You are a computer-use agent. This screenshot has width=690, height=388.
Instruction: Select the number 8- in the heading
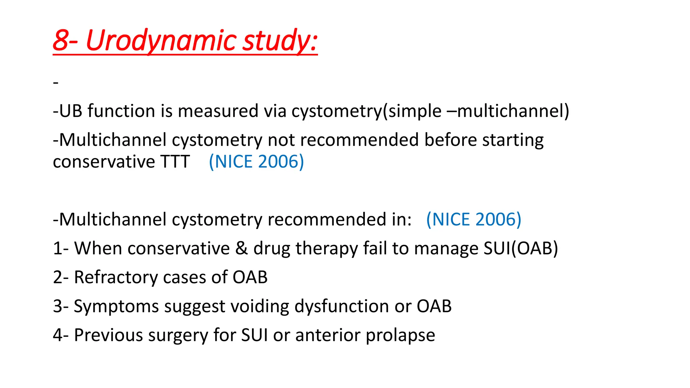coord(65,40)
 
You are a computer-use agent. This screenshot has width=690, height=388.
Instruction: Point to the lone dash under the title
coord(56,83)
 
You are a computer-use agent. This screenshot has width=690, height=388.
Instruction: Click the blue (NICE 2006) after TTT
coord(256,162)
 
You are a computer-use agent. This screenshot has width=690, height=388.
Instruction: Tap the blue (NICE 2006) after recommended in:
coord(474,220)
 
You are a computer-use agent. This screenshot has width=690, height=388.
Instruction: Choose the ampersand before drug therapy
coord(241,249)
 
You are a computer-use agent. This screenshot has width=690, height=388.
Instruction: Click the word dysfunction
coord(342,306)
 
